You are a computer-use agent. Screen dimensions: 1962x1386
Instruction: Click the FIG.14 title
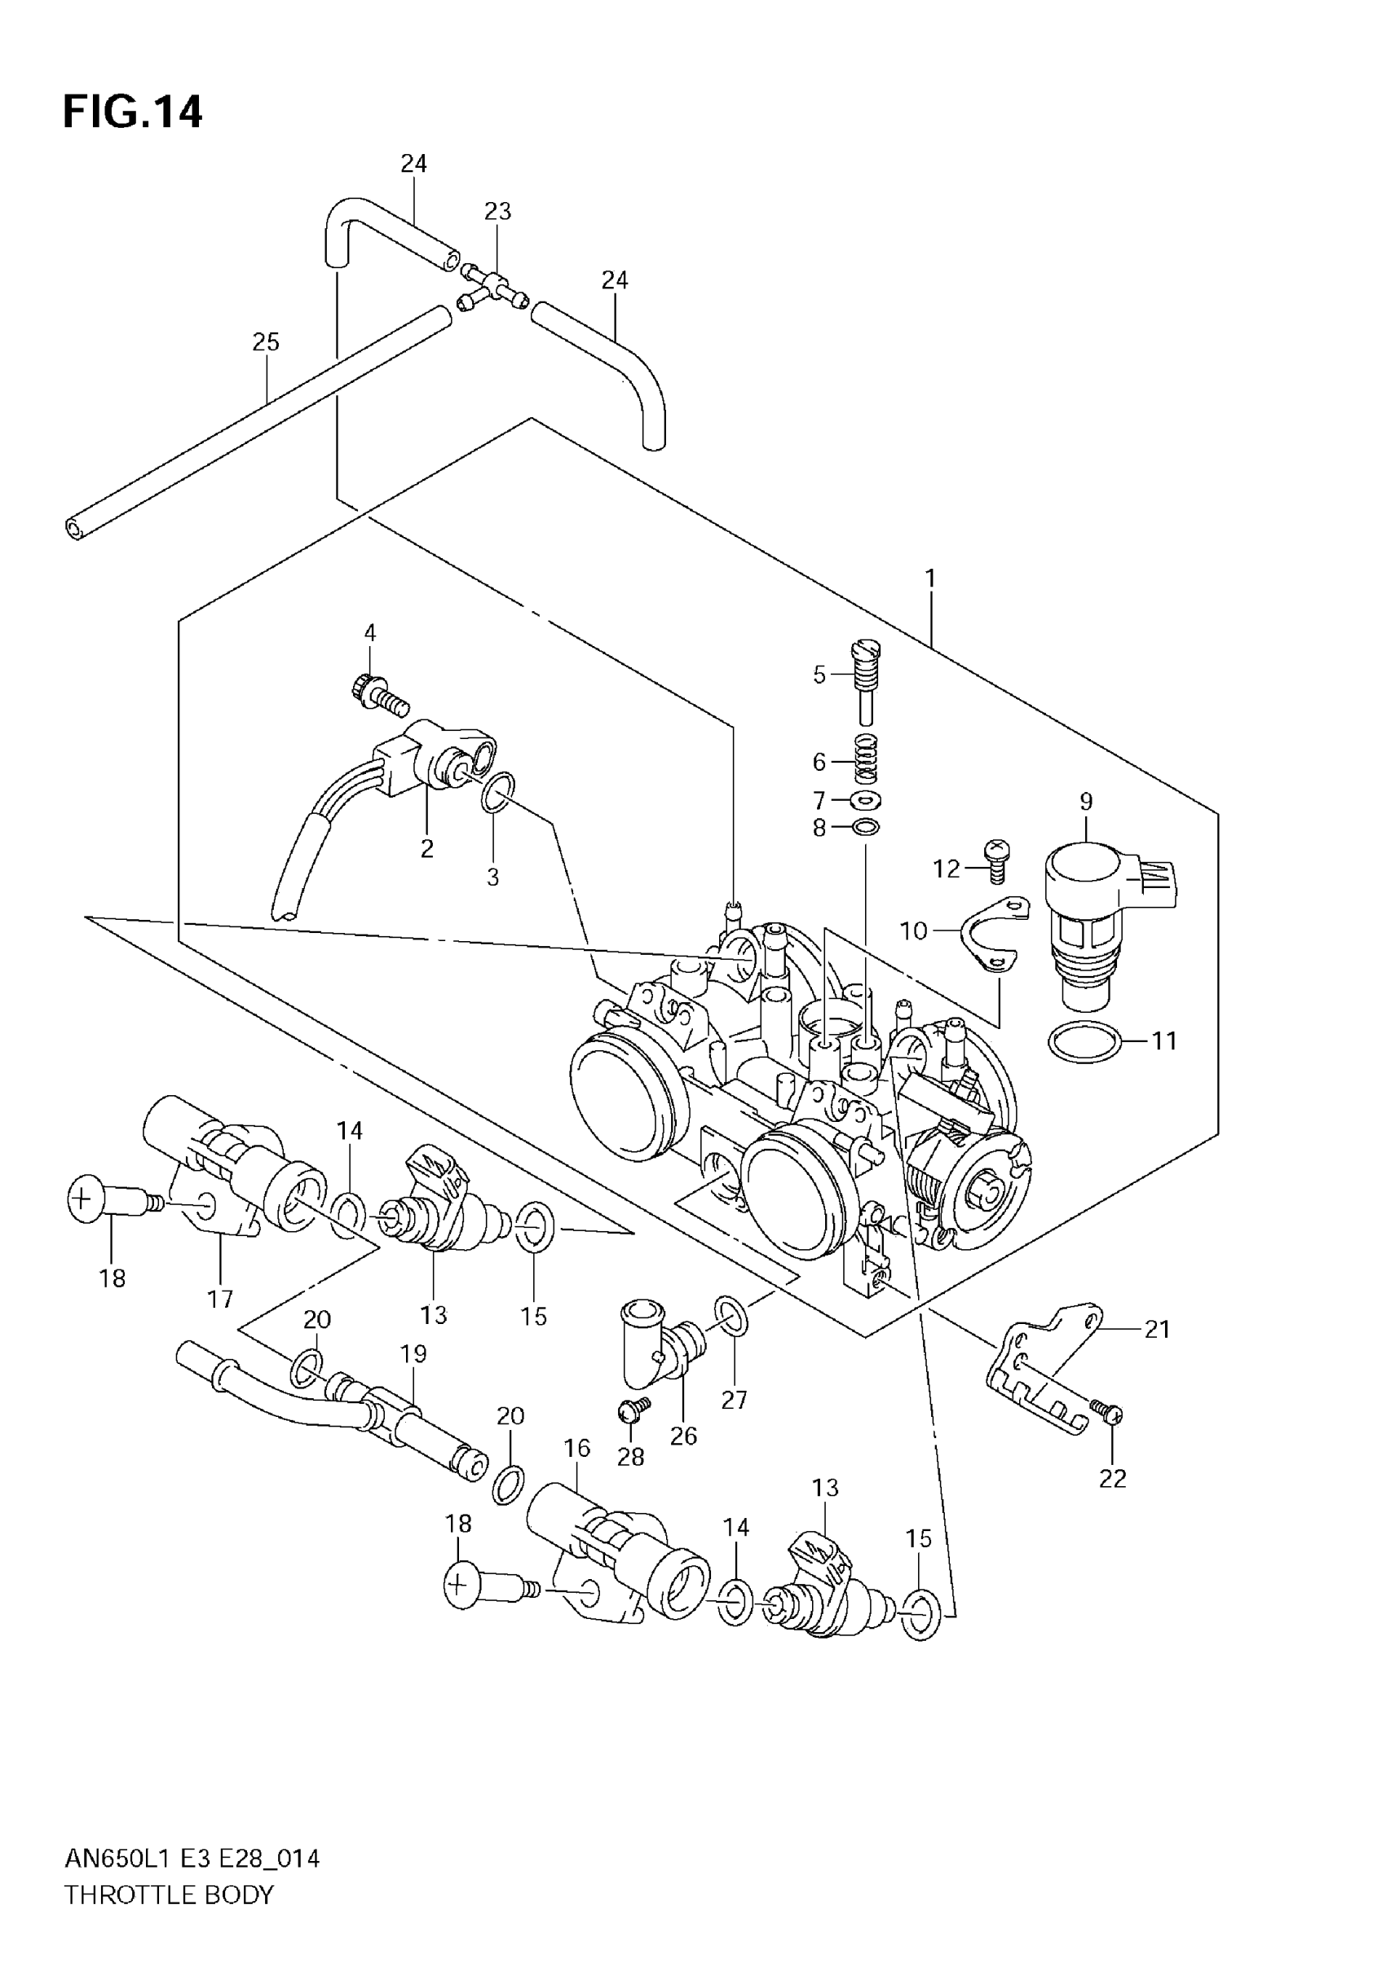pyautogui.click(x=133, y=112)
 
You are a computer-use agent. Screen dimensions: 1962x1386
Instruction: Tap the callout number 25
pyautogui.click(x=266, y=343)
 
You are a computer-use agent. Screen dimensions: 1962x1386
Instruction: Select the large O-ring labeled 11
pyautogui.click(x=1084, y=1041)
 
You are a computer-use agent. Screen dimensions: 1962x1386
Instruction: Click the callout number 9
pyautogui.click(x=1086, y=802)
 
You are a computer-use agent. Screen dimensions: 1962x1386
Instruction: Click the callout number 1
pyautogui.click(x=930, y=579)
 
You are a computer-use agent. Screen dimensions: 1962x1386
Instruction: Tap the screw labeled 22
pyautogui.click(x=1110, y=1413)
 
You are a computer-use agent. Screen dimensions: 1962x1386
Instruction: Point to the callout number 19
pyautogui.click(x=413, y=1354)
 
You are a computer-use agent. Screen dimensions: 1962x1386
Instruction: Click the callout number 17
pyautogui.click(x=220, y=1299)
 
